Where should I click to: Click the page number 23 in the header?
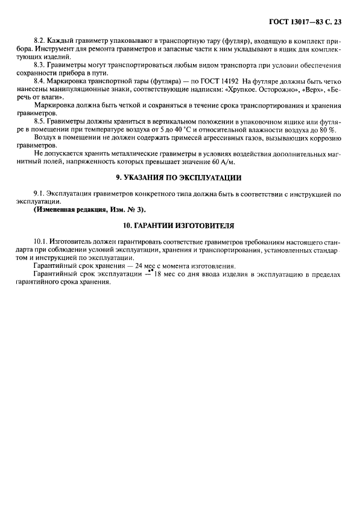point(336,22)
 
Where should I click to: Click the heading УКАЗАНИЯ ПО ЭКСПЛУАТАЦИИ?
point(178,178)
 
